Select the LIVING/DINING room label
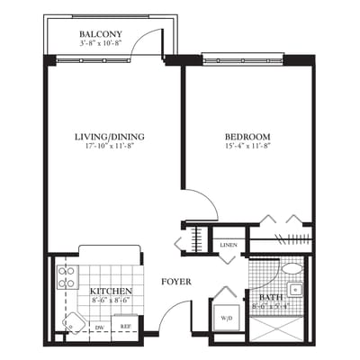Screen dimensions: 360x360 (x=110, y=137)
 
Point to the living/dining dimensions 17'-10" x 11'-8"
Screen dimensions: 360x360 (x=110, y=147)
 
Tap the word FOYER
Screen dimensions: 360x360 (x=175, y=282)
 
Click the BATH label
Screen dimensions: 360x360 (x=270, y=296)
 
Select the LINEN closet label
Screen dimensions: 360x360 (x=229, y=245)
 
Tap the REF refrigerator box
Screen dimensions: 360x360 (x=126, y=328)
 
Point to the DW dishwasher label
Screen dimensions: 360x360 (x=99, y=328)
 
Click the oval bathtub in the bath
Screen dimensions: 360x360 (x=292, y=268)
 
